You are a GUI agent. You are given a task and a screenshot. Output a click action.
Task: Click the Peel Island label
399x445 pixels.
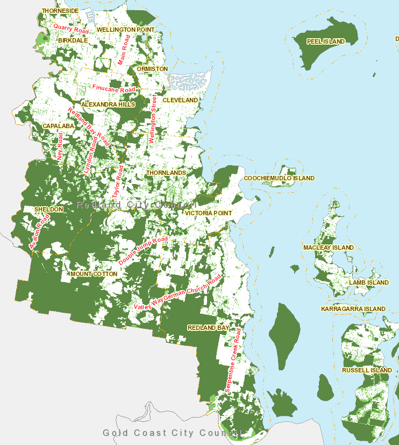coord(325,41)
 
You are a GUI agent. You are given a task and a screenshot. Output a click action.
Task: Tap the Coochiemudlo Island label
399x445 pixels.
coord(279,178)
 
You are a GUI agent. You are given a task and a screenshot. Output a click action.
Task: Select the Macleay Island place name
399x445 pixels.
coord(328,248)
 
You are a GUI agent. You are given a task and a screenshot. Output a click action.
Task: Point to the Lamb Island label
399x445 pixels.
coord(368,282)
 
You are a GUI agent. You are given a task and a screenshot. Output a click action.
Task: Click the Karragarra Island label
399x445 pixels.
coord(353,309)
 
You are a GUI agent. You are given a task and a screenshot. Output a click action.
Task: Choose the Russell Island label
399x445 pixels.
coord(367,370)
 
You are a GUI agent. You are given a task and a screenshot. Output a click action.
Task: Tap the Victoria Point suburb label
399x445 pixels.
coord(209,213)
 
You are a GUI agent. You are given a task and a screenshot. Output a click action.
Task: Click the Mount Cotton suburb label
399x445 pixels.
coord(94,274)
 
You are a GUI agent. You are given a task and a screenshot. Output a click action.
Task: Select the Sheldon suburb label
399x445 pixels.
coord(48,209)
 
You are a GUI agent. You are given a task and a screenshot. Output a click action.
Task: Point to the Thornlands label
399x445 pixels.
coord(166,173)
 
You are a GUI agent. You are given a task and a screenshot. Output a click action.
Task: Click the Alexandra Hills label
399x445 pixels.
coord(108,104)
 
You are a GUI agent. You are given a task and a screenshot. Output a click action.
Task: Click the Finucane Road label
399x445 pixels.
coord(113,88)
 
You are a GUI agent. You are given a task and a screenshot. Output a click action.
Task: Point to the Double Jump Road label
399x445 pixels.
coord(143,250)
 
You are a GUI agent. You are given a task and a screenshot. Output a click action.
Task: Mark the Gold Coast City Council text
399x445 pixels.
coord(170,433)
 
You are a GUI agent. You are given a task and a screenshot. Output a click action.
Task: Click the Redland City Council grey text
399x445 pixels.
coord(137,205)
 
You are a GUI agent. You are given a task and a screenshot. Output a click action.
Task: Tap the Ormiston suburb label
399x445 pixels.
coord(152,69)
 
